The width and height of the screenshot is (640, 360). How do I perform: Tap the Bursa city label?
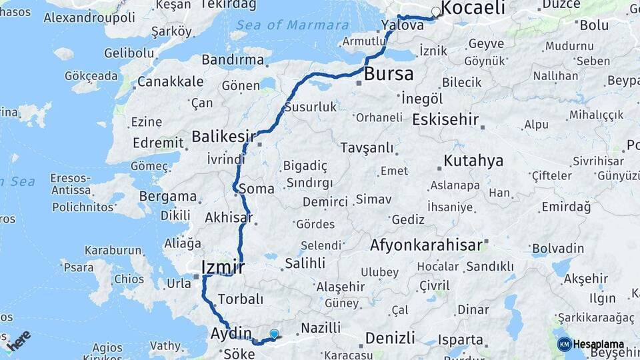pyautogui.click(x=389, y=73)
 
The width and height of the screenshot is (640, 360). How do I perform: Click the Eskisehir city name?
pyautogui.click(x=445, y=120)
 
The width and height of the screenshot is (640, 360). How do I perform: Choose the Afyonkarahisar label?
pyautogui.click(x=426, y=245)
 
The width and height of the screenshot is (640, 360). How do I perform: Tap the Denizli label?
pyautogui.click(x=391, y=337)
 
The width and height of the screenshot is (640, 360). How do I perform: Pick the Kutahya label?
pyautogui.click(x=473, y=161)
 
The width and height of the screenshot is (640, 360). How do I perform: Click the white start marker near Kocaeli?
pyautogui.click(x=436, y=11)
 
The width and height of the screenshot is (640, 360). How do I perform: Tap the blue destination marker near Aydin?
pyautogui.click(x=274, y=333)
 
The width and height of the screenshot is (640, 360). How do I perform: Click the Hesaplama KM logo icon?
pyautogui.click(x=565, y=344)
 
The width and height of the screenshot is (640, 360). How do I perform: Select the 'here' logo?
pyautogui.click(x=19, y=340)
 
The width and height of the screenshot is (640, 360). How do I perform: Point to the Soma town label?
pyautogui.click(x=257, y=189)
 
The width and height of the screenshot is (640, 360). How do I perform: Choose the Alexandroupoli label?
pyautogui.click(x=81, y=18)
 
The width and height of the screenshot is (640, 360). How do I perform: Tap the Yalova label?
pyautogui.click(x=403, y=25)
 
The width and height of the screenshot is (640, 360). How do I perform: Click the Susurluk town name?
pyautogui.click(x=311, y=107)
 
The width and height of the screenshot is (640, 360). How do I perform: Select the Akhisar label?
pyautogui.click(x=229, y=217)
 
